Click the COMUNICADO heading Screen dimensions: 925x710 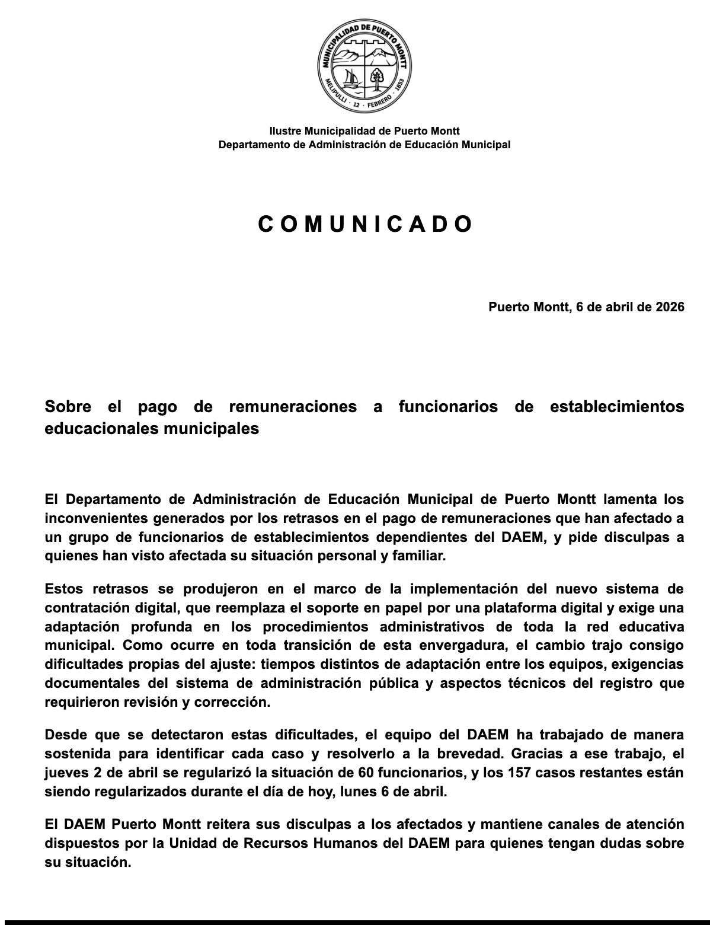(x=365, y=224)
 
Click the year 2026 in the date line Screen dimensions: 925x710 (x=670, y=307)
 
